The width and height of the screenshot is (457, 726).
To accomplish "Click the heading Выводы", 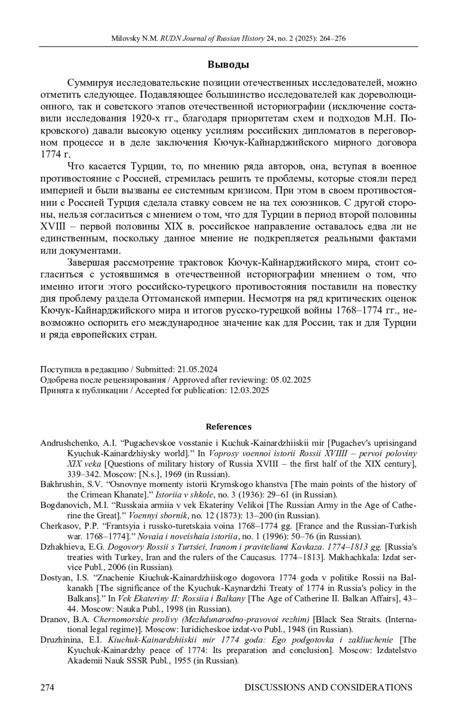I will [x=228, y=65].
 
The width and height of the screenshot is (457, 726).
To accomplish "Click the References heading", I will [x=228, y=427].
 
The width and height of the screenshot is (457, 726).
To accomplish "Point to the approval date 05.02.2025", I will [x=291, y=380].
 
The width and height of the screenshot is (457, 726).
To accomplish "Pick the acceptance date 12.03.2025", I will [x=249, y=390].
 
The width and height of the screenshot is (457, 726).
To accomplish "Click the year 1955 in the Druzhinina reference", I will [x=182, y=660].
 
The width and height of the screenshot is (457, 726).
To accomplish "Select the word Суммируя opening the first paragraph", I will [x=90, y=83].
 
